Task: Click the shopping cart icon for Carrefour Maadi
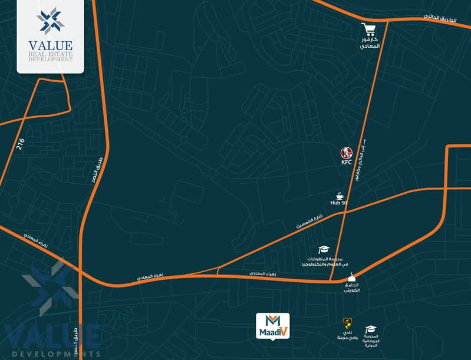point(370,29)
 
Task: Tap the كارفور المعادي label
point(370,47)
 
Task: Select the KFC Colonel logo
point(346,153)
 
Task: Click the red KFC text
point(346,162)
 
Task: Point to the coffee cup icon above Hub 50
point(340,195)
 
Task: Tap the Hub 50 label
point(339,203)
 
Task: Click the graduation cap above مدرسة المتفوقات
point(323,250)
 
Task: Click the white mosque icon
point(353,278)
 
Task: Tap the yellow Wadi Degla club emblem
point(347,322)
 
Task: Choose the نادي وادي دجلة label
point(348,335)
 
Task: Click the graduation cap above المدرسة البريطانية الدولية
point(371,329)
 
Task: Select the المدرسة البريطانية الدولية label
point(371,342)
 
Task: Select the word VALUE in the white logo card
point(50,46)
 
